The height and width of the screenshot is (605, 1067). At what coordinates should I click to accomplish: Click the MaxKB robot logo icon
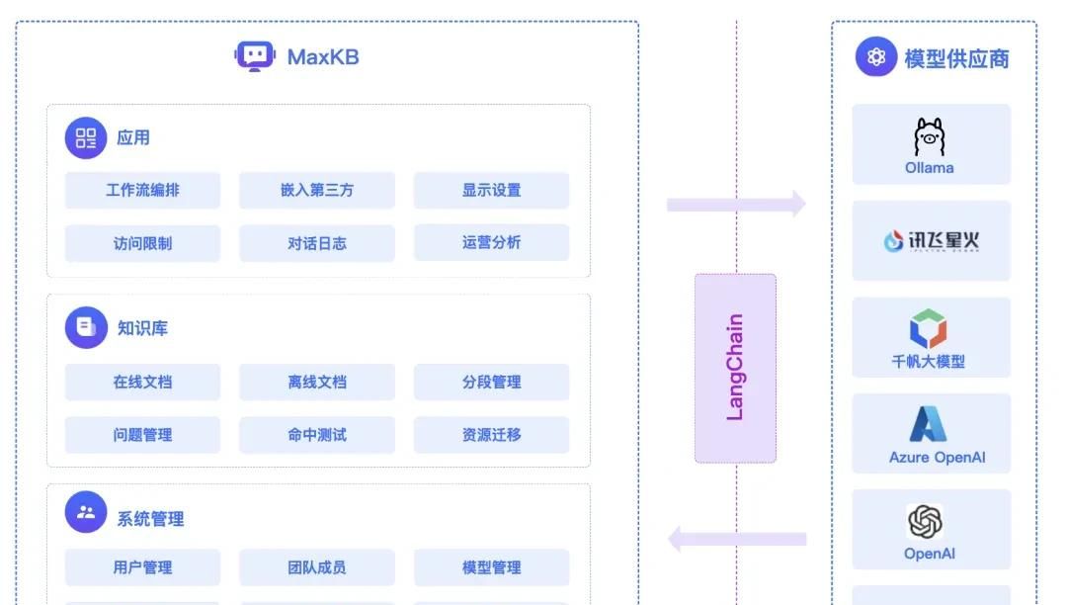point(255,56)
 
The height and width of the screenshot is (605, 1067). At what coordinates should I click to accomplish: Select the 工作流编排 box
point(142,190)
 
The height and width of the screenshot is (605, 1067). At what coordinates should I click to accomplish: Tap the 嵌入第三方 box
point(316,190)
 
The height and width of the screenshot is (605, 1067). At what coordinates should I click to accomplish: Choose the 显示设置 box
point(491,190)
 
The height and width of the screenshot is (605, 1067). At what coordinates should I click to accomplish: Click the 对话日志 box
point(316,242)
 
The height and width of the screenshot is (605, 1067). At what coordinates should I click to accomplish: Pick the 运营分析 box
point(491,242)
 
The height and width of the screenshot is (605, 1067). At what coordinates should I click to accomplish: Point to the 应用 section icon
point(86,137)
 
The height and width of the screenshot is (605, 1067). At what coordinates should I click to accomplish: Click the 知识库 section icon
point(86,327)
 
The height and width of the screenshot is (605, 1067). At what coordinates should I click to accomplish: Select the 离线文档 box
point(316,382)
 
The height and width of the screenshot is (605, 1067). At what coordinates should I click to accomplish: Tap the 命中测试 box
point(316,434)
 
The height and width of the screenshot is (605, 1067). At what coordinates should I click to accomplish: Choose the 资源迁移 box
point(491,434)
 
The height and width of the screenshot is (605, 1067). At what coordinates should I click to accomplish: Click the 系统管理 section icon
point(86,512)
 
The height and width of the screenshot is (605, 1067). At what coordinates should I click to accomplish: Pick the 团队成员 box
point(316,567)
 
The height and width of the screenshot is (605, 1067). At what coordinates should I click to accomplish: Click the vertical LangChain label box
point(735,368)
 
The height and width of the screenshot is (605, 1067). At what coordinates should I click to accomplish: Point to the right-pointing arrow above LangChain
point(736,205)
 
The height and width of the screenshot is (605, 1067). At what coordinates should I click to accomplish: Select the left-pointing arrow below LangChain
point(736,539)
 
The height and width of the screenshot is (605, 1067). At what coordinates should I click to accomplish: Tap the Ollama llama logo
point(930,137)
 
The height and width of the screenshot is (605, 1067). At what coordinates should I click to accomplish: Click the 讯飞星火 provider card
point(931,240)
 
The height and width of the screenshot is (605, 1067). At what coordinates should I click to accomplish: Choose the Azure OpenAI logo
point(929,424)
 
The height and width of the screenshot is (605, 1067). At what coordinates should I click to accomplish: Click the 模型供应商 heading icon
point(875,57)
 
